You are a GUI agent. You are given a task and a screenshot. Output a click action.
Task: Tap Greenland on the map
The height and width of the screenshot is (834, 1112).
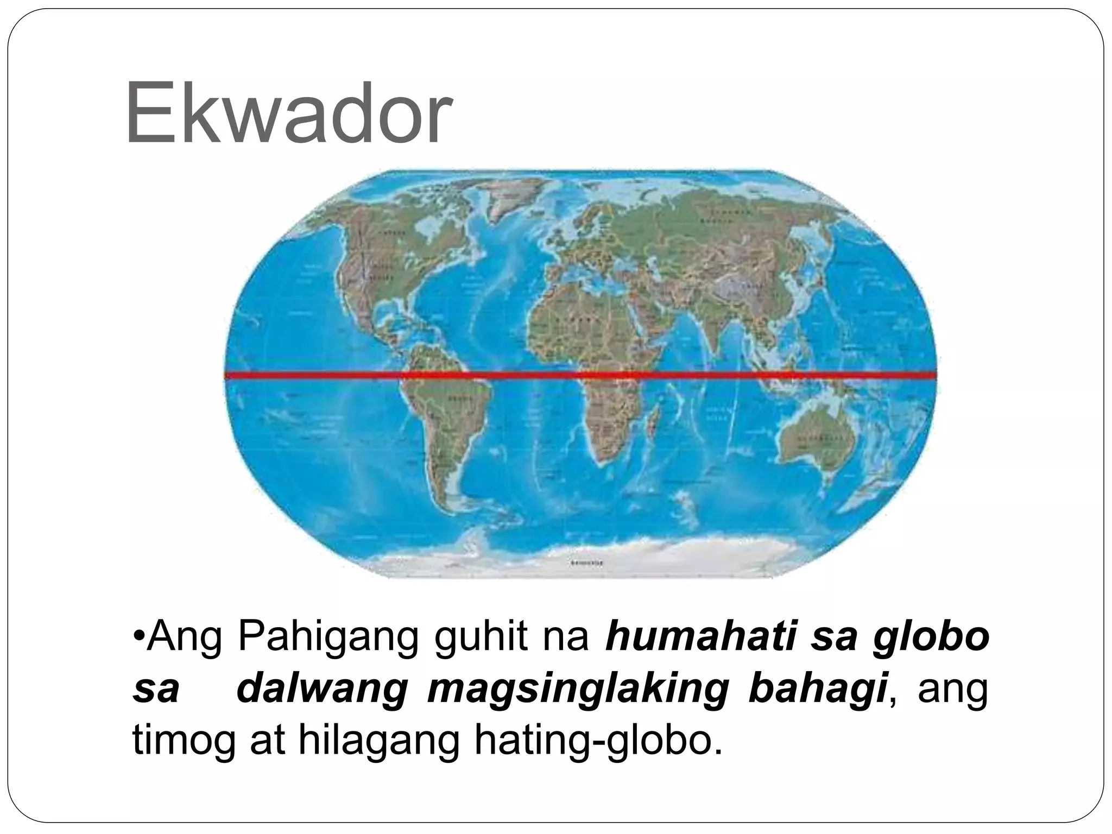point(508,201)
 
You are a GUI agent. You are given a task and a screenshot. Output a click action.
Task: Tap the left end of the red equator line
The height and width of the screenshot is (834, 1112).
point(227,375)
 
